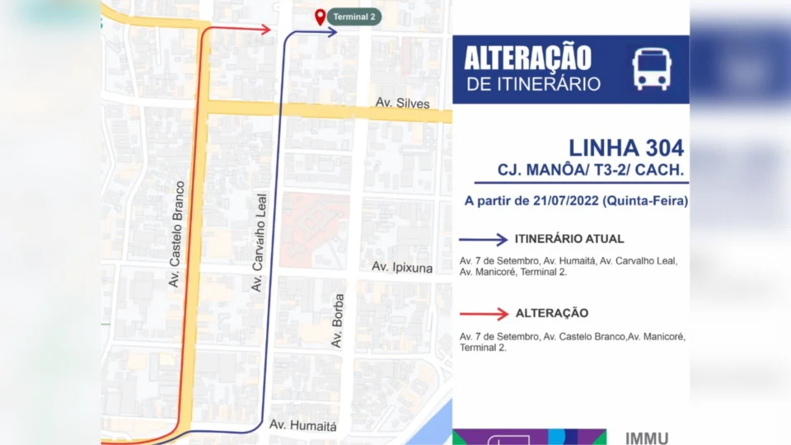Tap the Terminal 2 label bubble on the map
click(353, 16)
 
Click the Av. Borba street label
click(337, 319)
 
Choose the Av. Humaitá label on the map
click(303, 426)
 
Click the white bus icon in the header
click(651, 68)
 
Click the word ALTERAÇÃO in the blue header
click(527, 59)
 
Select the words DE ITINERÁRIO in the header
click(533, 84)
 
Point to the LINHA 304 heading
click(626, 148)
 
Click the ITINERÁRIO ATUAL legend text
click(569, 239)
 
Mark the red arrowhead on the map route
click(265, 30)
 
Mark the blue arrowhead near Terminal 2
click(331, 32)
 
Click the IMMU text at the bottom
click(648, 438)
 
